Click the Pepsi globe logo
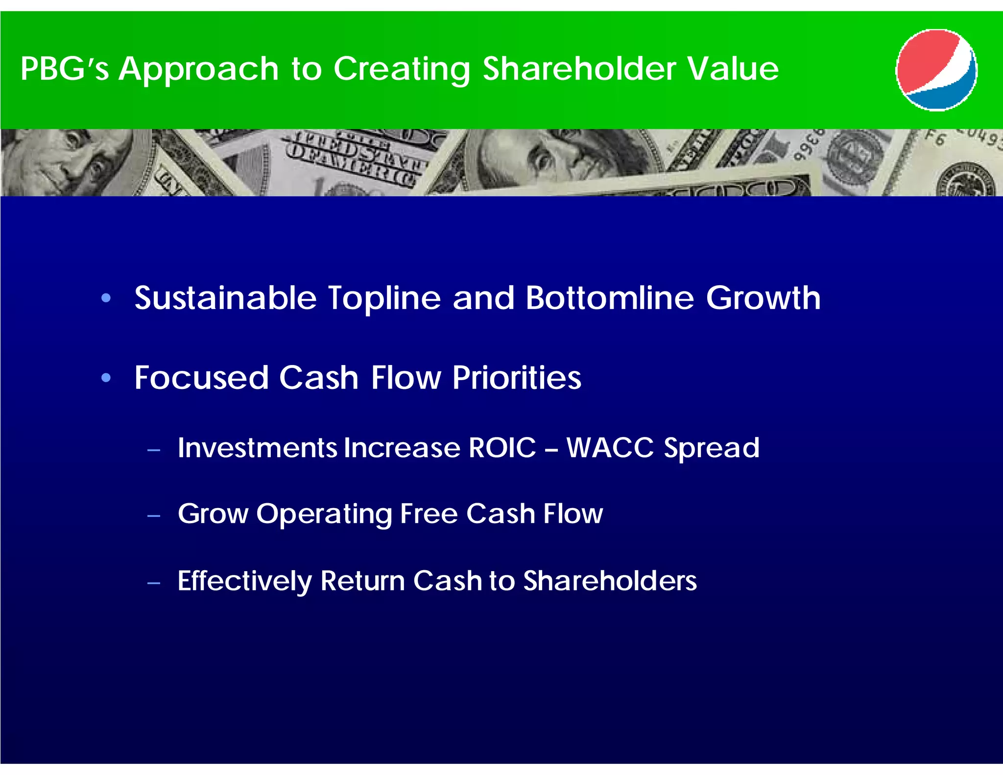pos(936,70)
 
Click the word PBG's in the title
pos(64,69)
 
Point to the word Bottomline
pos(610,298)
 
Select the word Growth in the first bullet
pos(763,298)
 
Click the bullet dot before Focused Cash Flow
pos(106,378)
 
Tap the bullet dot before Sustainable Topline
pos(106,298)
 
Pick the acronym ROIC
pos(502,448)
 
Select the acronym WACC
pos(610,448)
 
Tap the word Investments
pos(257,448)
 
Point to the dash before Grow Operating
pos(154,516)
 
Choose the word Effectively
pos(244,581)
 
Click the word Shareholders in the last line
pos(610,581)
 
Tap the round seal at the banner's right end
pos(967,180)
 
